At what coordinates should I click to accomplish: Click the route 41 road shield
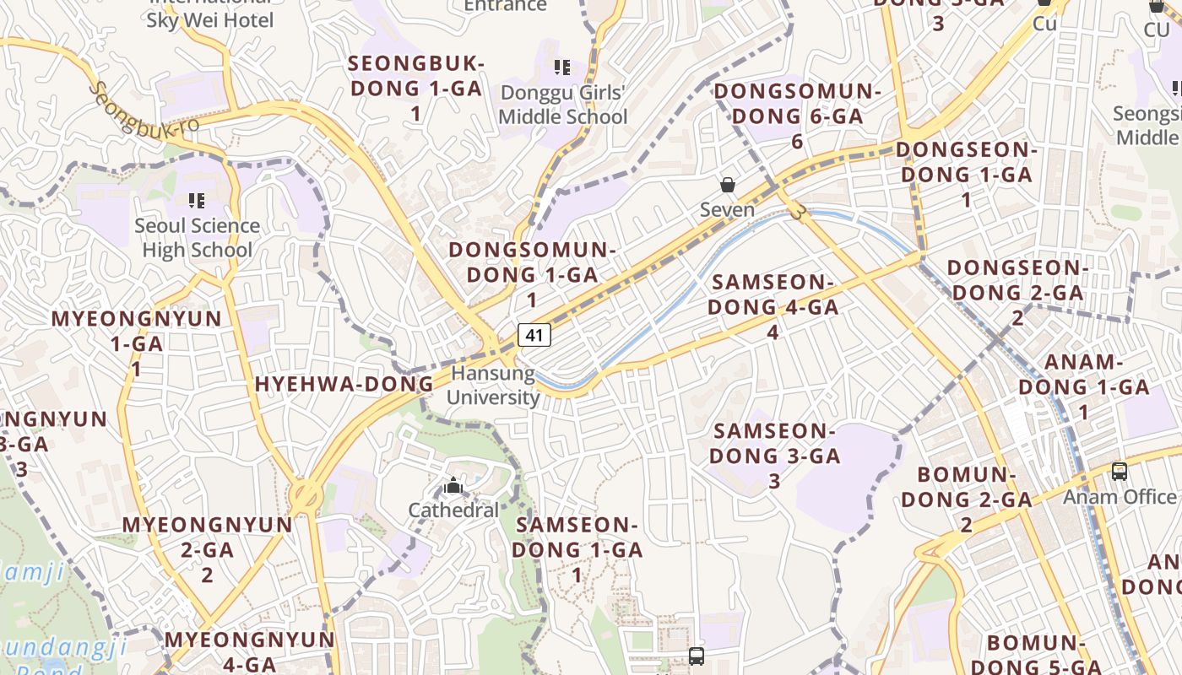534,335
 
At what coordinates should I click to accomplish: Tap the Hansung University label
493,386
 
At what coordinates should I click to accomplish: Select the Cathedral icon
453,486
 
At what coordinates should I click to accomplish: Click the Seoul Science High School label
197,238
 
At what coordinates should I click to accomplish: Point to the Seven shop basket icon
727,185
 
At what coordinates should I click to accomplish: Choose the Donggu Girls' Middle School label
563,105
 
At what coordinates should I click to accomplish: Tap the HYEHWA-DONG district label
344,385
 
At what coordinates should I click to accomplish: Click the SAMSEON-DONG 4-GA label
773,306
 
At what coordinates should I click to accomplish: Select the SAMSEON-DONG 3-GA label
774,456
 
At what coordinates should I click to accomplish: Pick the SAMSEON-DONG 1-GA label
577,549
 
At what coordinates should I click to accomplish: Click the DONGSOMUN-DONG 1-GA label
532,274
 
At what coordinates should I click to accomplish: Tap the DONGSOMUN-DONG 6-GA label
797,116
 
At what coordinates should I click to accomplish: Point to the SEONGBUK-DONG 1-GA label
416,88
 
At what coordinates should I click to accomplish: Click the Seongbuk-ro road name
144,110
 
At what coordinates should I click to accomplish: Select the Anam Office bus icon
1120,472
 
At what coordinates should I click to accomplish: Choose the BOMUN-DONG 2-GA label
966,499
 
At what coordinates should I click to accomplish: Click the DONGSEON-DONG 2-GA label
1017,293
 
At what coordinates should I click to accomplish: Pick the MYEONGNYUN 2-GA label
207,549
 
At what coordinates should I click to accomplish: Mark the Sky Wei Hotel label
210,19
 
